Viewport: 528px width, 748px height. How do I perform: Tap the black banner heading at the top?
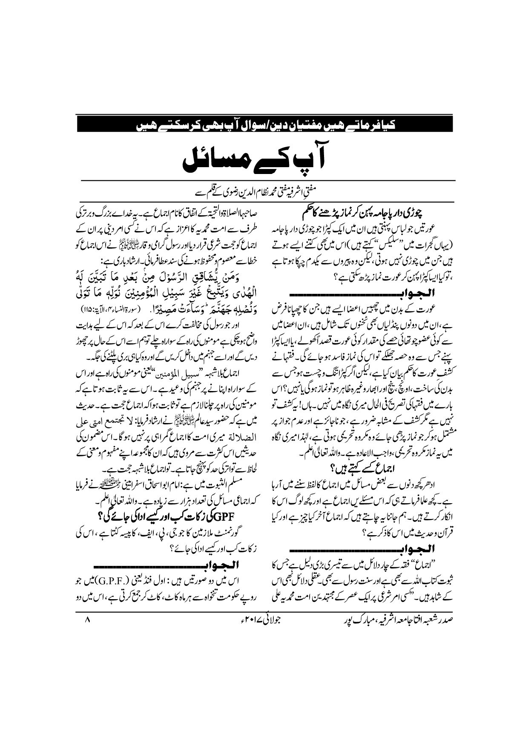264,125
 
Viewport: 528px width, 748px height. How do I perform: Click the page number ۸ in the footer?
87,631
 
